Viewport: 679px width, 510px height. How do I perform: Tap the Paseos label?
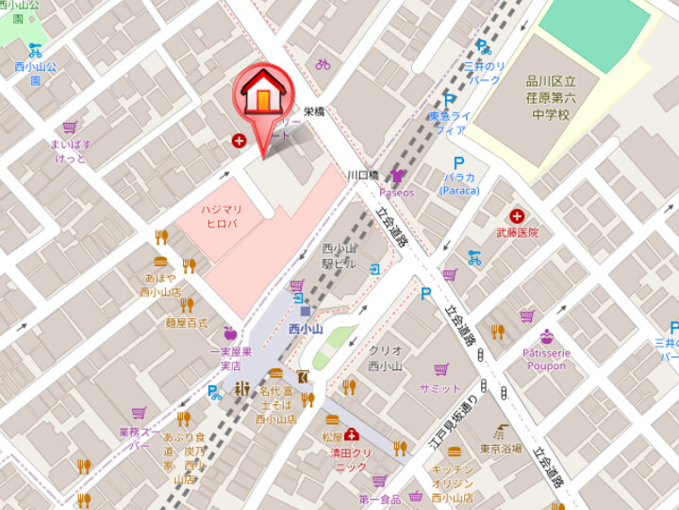[x=396, y=193]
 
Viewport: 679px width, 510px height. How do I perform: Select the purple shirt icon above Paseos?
[x=397, y=176]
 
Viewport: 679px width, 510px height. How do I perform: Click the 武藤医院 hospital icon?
[x=517, y=216]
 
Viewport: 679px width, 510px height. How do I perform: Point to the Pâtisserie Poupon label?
[x=546, y=360]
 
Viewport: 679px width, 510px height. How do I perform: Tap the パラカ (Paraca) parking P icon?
[x=458, y=161]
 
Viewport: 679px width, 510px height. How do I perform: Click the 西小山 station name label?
[x=306, y=329]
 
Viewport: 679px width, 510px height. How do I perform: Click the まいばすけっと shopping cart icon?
[x=70, y=127]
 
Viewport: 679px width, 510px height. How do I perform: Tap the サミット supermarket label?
[x=440, y=388]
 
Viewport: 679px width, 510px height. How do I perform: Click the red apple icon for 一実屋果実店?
[x=230, y=332]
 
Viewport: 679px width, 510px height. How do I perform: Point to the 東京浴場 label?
[x=500, y=449]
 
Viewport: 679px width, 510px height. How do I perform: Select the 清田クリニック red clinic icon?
[x=352, y=434]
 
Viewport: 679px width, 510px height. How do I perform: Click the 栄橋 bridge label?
[x=313, y=110]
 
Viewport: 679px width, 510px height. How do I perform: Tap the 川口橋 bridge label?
[x=362, y=176]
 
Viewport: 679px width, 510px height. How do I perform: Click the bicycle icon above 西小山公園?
[x=35, y=50]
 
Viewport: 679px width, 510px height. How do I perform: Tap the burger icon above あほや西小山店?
[x=160, y=262]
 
